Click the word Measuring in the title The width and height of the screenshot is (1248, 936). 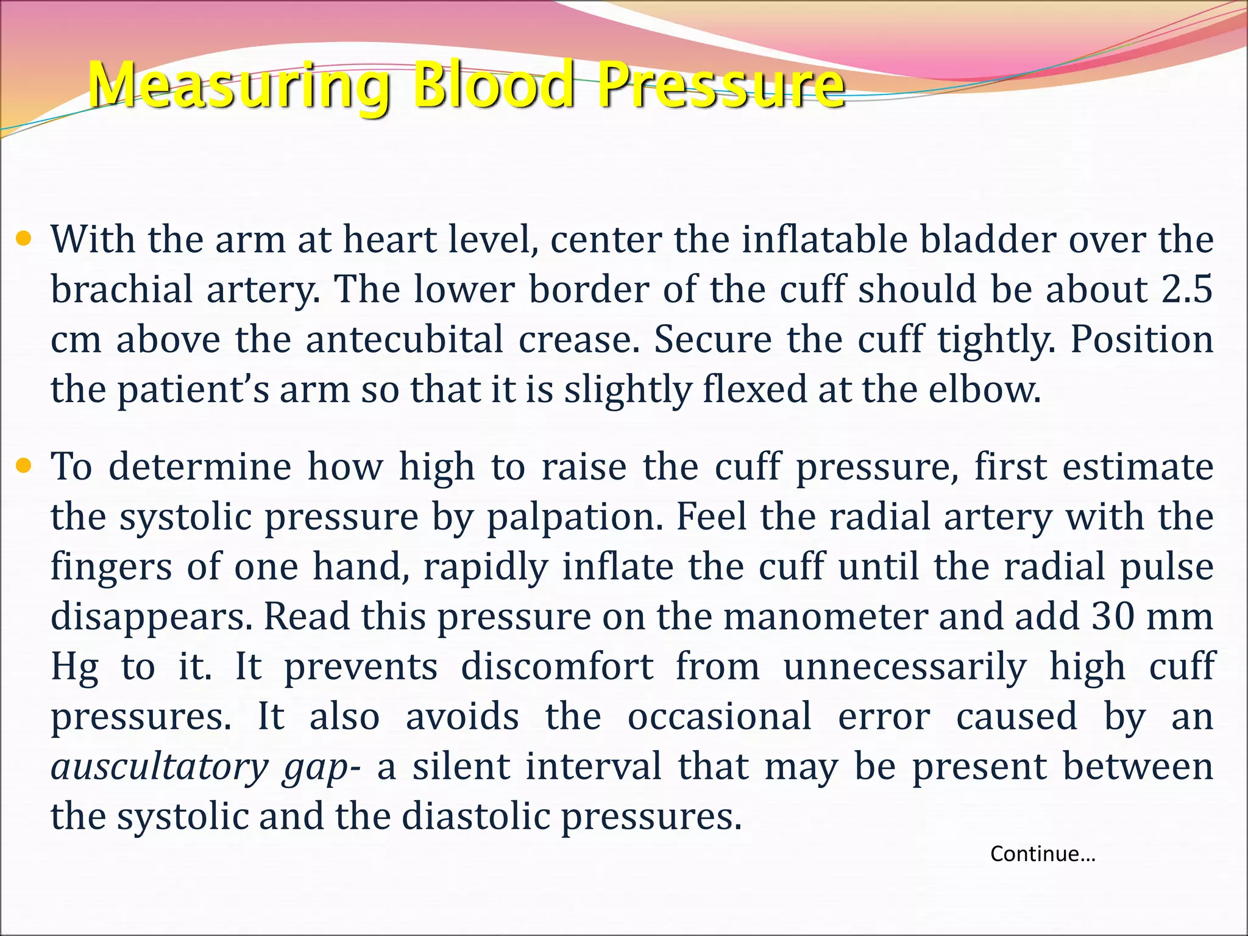click(238, 86)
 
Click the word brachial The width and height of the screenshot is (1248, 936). click(121, 289)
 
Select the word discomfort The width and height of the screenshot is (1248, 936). click(557, 667)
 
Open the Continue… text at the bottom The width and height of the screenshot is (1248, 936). click(1043, 854)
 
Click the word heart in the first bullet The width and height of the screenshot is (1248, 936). click(389, 239)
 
